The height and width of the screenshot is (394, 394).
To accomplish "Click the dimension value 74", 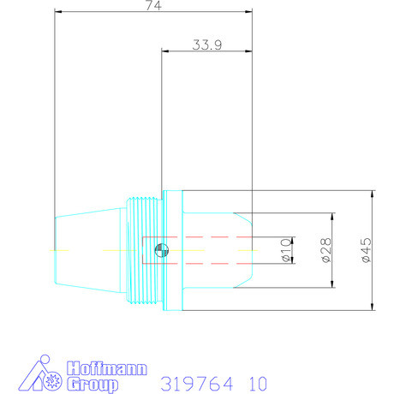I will [153, 5].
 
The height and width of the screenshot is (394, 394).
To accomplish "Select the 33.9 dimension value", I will [205, 45].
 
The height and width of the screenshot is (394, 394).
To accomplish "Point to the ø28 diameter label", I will [325, 250].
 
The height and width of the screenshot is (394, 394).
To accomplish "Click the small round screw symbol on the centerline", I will [160, 250].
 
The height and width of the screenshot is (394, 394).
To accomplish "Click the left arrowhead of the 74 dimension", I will [57, 12].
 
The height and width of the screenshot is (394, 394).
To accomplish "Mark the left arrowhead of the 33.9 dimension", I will [164, 51].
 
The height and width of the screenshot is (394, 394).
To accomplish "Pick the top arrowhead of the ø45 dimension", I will [373, 194].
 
